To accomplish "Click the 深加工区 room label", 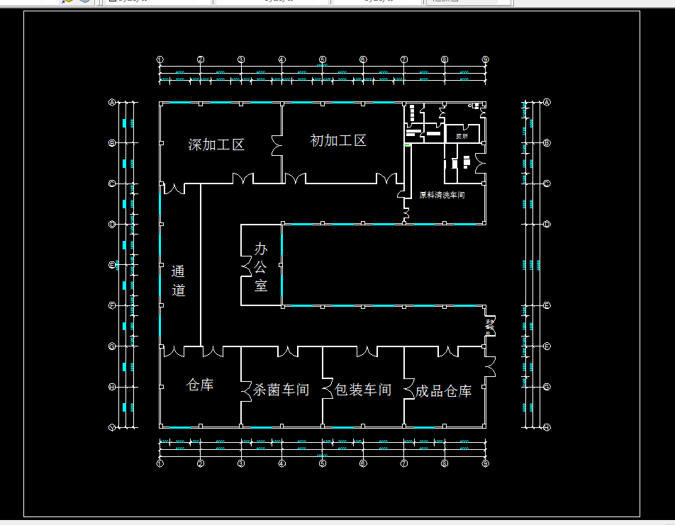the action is pyautogui.click(x=216, y=145).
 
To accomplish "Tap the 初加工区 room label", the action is pyautogui.click(x=338, y=140).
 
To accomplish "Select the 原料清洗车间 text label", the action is pyautogui.click(x=442, y=195).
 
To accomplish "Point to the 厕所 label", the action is pyautogui.click(x=462, y=135).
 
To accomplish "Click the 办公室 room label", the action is pyautogui.click(x=262, y=267).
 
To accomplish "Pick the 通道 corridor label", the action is pyautogui.click(x=178, y=281).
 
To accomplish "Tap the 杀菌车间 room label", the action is pyautogui.click(x=281, y=390).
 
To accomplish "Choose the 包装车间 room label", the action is pyautogui.click(x=363, y=390).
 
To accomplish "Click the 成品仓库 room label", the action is pyautogui.click(x=444, y=391).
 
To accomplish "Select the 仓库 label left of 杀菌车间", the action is pyautogui.click(x=200, y=385).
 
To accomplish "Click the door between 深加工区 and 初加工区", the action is pyautogui.click(x=277, y=145).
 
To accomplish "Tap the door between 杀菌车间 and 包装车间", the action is pyautogui.click(x=328, y=389).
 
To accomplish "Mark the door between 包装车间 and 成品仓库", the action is pyautogui.click(x=409, y=389).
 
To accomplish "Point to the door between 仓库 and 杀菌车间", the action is pyautogui.click(x=246, y=389).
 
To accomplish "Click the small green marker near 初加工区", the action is pyautogui.click(x=408, y=145).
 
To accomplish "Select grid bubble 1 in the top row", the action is pyautogui.click(x=160, y=60).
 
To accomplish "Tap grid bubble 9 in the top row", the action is pyautogui.click(x=486, y=60).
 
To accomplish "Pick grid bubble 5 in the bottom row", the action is pyautogui.click(x=323, y=463).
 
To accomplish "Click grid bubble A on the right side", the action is pyautogui.click(x=547, y=102).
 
